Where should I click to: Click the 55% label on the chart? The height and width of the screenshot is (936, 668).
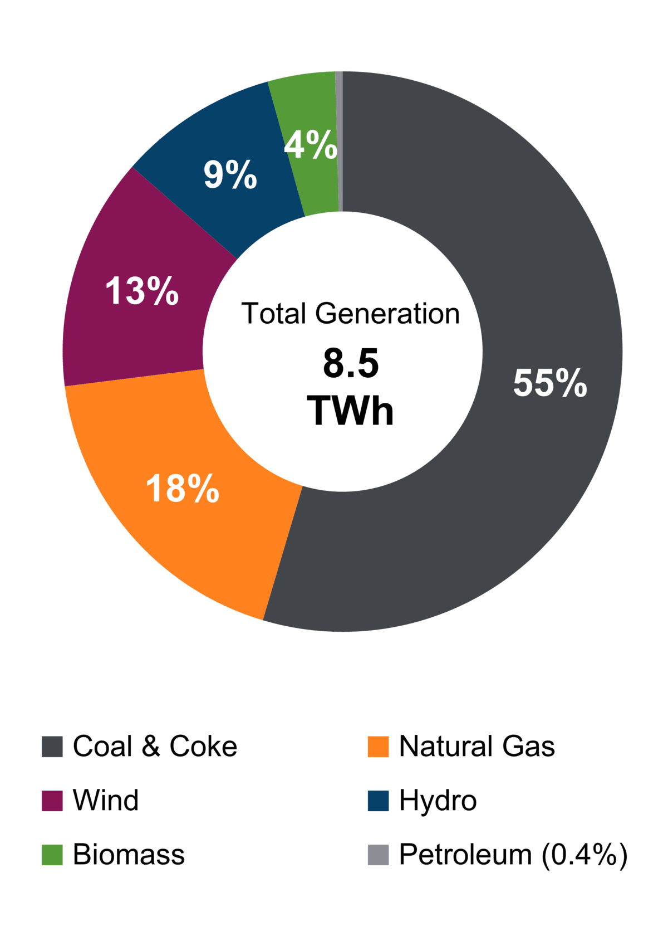coord(550,383)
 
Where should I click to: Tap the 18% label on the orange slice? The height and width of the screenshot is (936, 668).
coord(183,489)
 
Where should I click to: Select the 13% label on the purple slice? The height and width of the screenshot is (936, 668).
coord(142,291)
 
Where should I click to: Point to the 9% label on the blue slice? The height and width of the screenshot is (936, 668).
coord(230,174)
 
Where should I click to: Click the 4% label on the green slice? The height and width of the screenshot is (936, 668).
coord(310,144)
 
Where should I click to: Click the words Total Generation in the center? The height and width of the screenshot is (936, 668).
coord(350,314)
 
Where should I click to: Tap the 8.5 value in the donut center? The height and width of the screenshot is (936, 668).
coord(351,363)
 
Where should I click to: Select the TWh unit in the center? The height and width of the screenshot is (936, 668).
coord(350,411)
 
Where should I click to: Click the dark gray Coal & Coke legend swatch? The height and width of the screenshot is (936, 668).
coord(52,747)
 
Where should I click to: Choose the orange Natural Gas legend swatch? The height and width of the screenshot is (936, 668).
coord(378,747)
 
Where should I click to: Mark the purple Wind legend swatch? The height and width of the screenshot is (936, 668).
coord(52,801)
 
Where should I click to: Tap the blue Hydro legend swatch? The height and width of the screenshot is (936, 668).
coord(378,801)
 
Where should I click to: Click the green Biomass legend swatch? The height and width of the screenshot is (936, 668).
coord(52,855)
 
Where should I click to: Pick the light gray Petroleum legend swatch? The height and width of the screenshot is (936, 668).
coord(378,855)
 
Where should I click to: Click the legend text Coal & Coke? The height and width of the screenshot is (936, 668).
coord(155,747)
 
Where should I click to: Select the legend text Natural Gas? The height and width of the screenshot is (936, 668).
coord(477,747)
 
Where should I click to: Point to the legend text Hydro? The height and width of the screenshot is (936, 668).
coord(438,801)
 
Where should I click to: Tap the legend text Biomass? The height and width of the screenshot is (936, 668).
coord(129,855)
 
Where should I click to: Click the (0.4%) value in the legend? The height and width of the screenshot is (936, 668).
coord(585,855)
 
